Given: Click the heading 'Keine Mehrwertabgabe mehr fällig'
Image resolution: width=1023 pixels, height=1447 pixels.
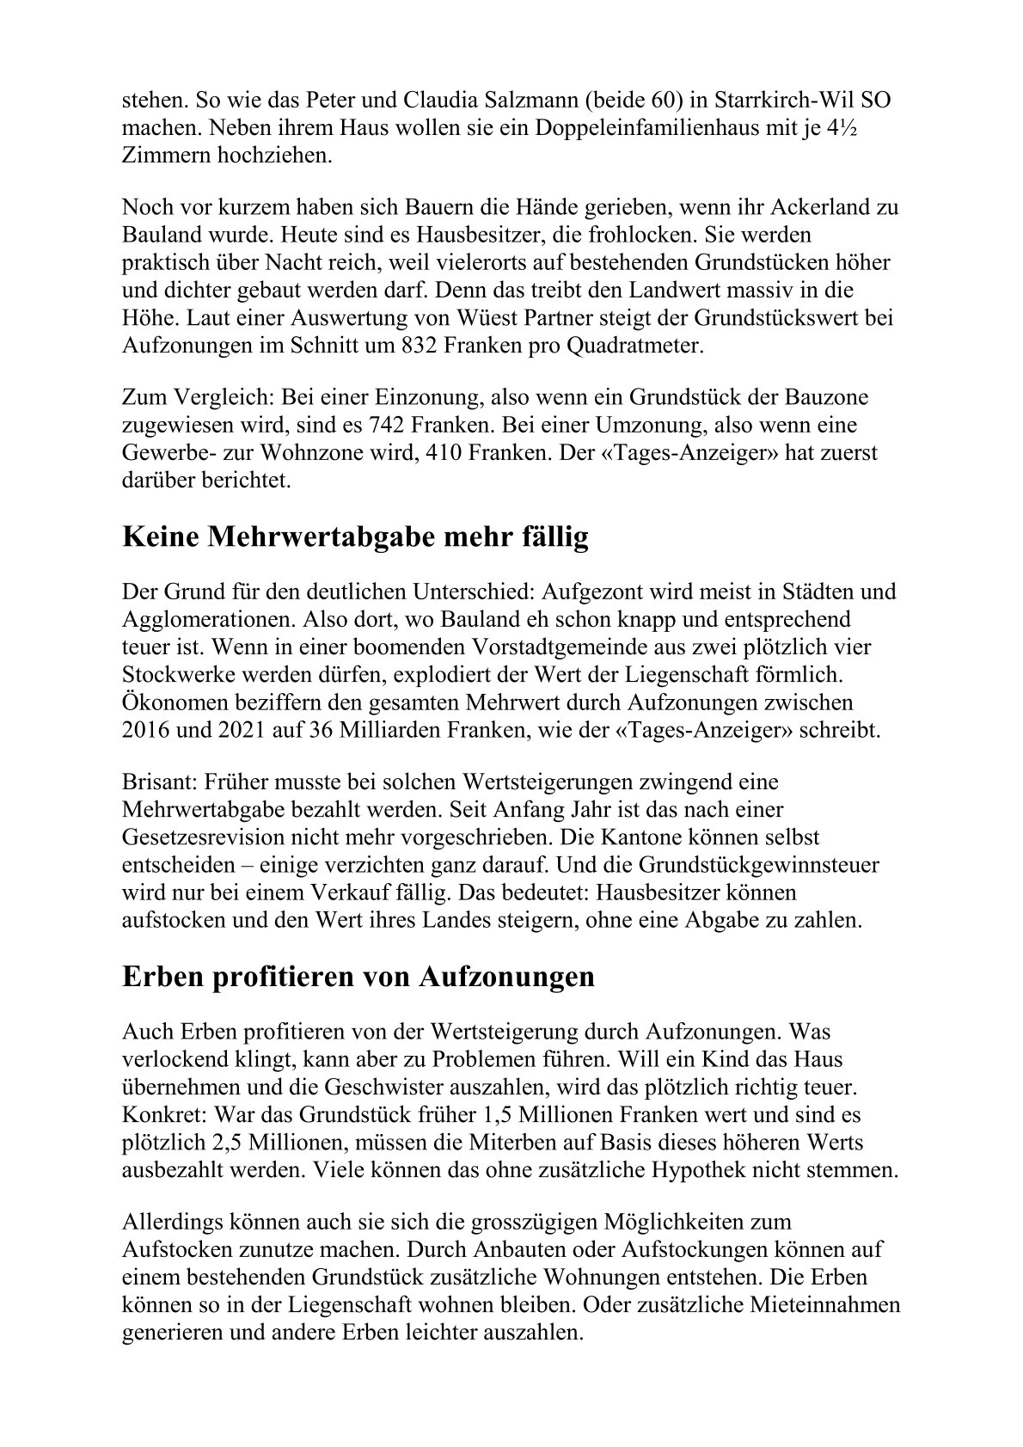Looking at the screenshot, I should [356, 538].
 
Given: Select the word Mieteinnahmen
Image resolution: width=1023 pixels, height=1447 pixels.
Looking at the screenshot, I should [803, 1307].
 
